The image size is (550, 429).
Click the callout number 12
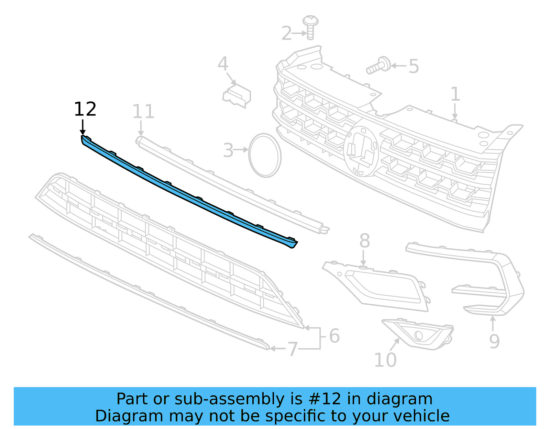pos(85,110)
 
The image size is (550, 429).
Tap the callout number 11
pos(143,112)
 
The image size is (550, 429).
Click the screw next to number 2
pos(310,27)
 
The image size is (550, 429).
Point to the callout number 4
pos(223,64)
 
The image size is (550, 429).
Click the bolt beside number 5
pos(378,66)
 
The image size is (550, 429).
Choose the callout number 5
pos(414,66)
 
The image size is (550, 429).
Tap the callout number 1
pos(455,94)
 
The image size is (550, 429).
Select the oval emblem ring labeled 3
pos(265,156)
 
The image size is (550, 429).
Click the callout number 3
pos(228,150)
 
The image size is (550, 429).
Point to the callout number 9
pos(494,341)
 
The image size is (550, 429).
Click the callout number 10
pos(385,360)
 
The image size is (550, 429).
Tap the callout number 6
pos(334,336)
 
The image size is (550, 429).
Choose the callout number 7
pos(293,349)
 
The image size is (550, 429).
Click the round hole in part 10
pos(418,335)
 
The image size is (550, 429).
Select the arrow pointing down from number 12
pos(82,127)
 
